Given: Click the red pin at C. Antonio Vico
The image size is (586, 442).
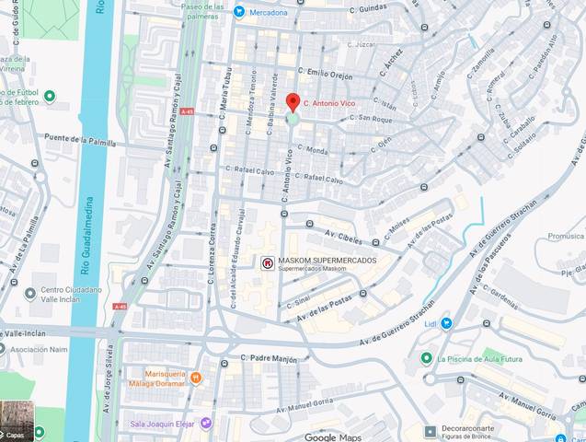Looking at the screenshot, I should (x=293, y=102).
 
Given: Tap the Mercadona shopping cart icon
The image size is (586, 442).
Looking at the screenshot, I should (x=239, y=12).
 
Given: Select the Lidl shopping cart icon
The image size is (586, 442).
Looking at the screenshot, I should (x=446, y=323).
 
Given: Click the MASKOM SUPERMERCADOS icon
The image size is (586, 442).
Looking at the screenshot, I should (x=268, y=263).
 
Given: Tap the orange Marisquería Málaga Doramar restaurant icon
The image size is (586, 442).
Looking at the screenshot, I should (x=195, y=378).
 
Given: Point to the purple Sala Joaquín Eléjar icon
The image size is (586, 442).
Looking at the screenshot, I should (x=206, y=424).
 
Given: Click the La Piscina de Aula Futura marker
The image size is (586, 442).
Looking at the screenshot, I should (x=426, y=358).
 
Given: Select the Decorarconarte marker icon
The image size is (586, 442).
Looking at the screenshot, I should (x=430, y=431).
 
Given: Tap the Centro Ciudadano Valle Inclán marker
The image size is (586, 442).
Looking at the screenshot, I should (x=30, y=294).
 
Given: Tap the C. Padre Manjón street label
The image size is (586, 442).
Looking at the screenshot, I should (x=270, y=358).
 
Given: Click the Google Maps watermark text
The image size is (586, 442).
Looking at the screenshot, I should (x=333, y=436).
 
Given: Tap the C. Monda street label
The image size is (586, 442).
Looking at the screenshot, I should (x=311, y=150).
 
